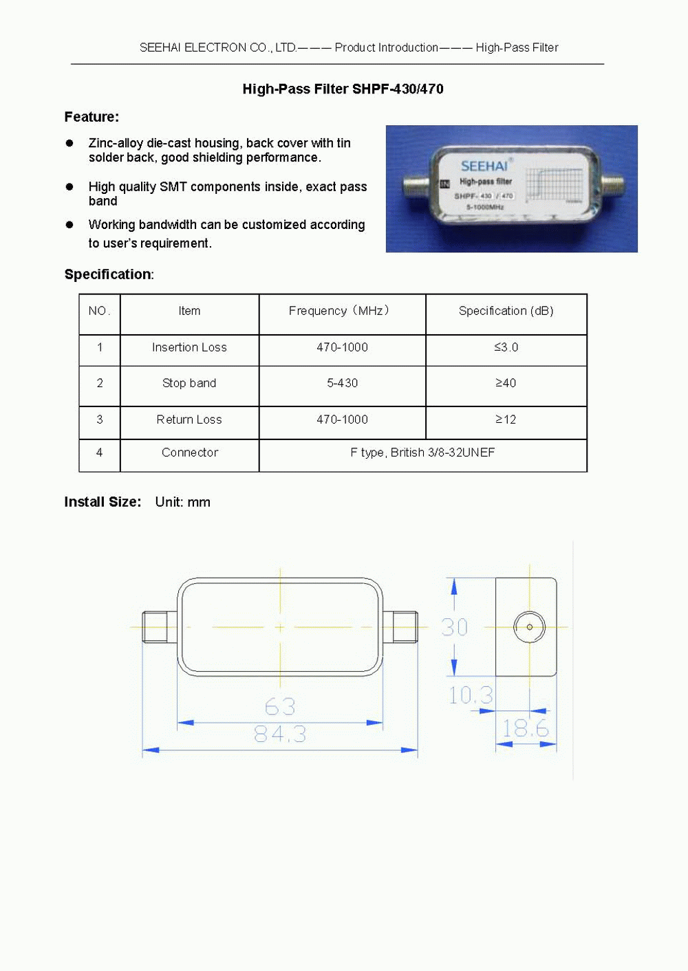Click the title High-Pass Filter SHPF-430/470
point(343,89)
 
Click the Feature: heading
point(92,117)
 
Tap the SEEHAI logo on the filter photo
point(484,166)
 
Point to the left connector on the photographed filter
point(416,186)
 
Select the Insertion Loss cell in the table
point(189,347)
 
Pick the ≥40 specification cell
point(506,383)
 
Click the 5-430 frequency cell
point(342,383)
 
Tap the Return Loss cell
point(189,419)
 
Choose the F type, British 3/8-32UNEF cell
point(422,452)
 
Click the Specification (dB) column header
point(506,311)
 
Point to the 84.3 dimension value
point(280,734)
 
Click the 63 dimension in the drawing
point(280,706)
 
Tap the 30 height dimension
point(454,627)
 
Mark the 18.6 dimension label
point(526,728)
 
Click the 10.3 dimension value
point(471,695)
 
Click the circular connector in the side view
point(529,627)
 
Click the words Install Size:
point(103,502)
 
